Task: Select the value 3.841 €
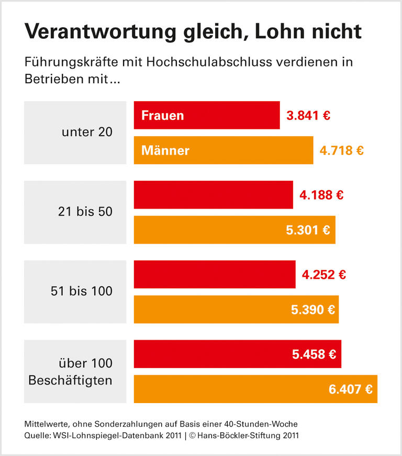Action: [x=308, y=115]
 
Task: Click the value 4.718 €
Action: [x=342, y=150]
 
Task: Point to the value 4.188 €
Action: [x=321, y=196]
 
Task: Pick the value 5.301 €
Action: [x=308, y=230]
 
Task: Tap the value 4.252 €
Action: [x=324, y=275]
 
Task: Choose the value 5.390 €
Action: [x=313, y=310]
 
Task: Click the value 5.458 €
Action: [x=314, y=354]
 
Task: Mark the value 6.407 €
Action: [x=351, y=389]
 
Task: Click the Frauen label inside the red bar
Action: [x=163, y=115]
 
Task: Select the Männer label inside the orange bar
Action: [x=165, y=150]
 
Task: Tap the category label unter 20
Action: [x=87, y=132]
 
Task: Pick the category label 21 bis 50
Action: [x=85, y=212]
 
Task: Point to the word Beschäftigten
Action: [x=70, y=381]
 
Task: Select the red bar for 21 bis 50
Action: [x=213, y=195]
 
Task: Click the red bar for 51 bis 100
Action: [x=215, y=275]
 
